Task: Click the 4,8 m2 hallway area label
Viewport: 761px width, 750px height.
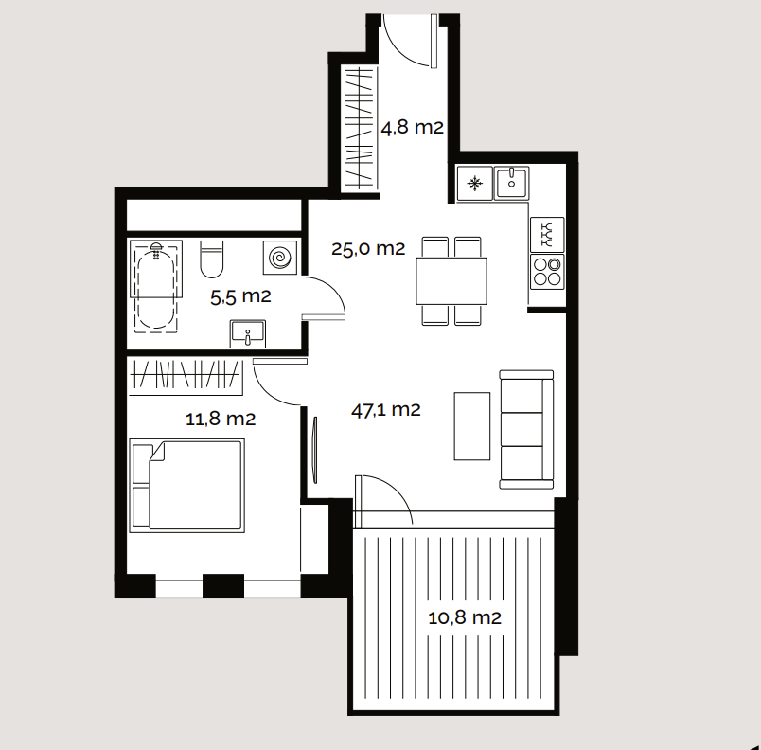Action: [x=412, y=128]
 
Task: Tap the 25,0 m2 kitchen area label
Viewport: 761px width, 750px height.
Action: [x=368, y=249]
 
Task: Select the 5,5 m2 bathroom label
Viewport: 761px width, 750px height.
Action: [x=240, y=296]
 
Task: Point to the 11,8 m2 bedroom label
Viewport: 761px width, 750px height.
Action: [x=221, y=419]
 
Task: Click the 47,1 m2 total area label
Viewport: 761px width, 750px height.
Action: [x=385, y=410]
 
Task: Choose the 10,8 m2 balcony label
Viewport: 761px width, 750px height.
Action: [x=465, y=618]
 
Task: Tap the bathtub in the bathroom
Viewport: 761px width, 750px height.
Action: [x=156, y=285]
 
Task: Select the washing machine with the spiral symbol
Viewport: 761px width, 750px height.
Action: [x=280, y=258]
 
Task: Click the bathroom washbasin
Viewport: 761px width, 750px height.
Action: [x=248, y=333]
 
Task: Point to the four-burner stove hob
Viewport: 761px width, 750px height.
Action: [x=547, y=272]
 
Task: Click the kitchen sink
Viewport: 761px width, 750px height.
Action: [x=511, y=183]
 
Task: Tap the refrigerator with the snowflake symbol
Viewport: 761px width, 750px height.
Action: [x=474, y=184]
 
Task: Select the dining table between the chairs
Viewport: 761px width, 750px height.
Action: [x=451, y=281]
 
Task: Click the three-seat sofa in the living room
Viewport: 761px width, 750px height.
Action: [x=526, y=430]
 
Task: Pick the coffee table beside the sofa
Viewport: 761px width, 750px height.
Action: [x=471, y=426]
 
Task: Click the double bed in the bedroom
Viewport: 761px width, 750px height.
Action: [x=186, y=486]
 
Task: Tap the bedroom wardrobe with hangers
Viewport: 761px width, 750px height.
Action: [x=186, y=377]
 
